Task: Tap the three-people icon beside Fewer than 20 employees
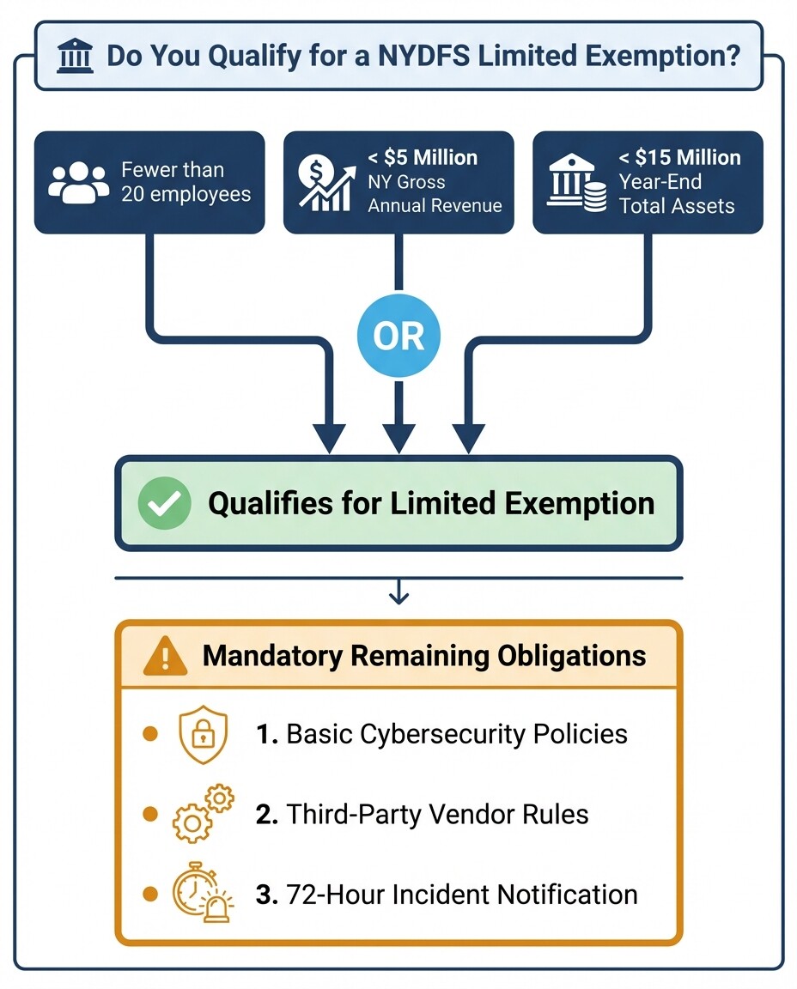point(80,181)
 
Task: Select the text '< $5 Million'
point(423,158)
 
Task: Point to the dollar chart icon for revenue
point(325,181)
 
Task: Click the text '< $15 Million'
point(679,158)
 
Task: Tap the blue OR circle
point(399,336)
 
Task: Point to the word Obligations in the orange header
point(571,656)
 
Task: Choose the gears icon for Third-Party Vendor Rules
point(203,814)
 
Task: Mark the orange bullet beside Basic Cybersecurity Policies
point(150,735)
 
